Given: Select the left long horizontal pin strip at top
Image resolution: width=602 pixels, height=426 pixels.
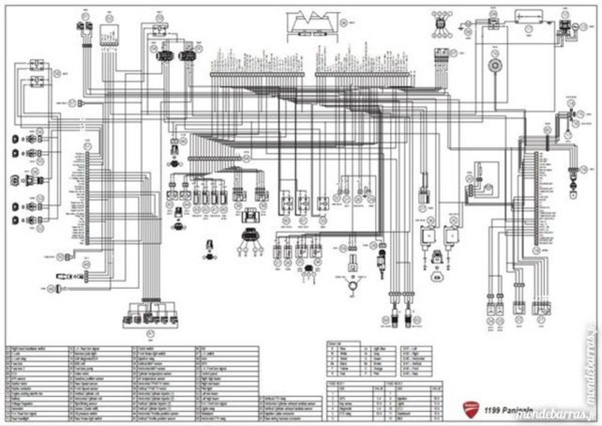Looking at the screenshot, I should (x=257, y=75).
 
